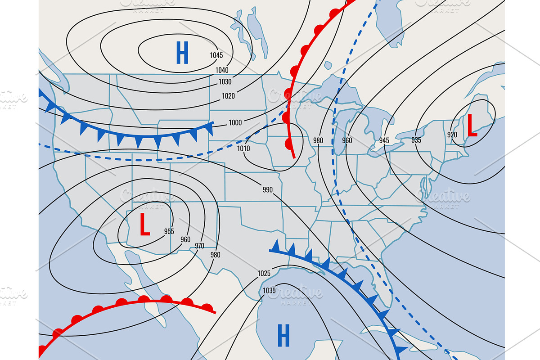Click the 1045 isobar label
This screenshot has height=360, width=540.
[x=216, y=55]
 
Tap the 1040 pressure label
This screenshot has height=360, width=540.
[x=222, y=70]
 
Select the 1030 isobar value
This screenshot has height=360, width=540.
[x=225, y=82]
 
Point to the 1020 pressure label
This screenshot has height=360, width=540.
[x=228, y=96]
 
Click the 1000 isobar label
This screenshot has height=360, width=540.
[x=235, y=123]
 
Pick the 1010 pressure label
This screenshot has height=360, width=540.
[x=243, y=148]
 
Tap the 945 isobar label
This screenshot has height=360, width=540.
[x=384, y=140]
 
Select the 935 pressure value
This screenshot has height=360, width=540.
[x=416, y=140]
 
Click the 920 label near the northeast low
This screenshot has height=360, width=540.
[x=452, y=135]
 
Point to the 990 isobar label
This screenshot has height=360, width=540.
[x=268, y=189]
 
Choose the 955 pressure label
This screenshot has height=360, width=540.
[x=169, y=231]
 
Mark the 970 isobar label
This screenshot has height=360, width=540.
[x=199, y=246]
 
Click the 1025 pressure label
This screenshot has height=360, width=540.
[x=264, y=273]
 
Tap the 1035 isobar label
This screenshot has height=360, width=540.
[x=269, y=291]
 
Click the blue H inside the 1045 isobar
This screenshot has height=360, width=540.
[x=182, y=53]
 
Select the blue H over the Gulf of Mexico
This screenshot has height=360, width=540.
[x=283, y=336]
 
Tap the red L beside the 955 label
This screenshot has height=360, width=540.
[x=144, y=224]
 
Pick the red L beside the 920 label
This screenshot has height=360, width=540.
[x=472, y=126]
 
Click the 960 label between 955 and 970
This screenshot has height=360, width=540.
[x=185, y=239]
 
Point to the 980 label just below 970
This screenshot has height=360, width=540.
[x=216, y=255]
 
